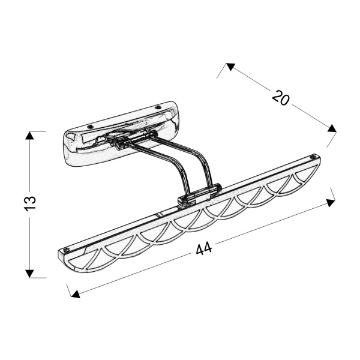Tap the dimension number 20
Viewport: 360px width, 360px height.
point(281,97)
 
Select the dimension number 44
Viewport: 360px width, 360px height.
point(204,248)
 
